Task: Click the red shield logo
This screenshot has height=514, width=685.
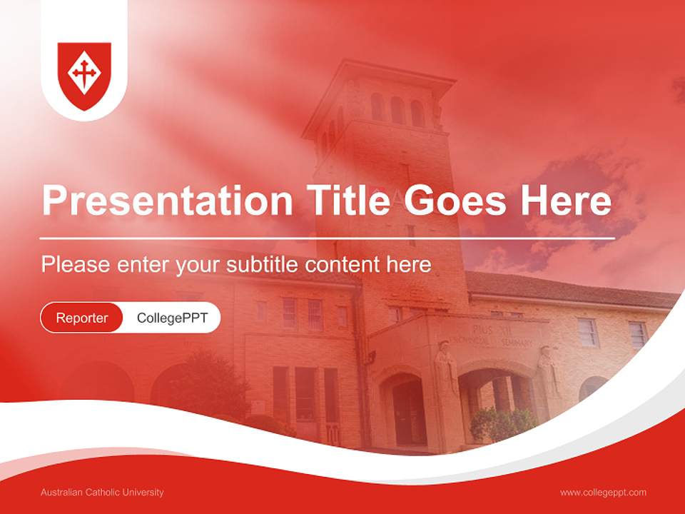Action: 84,76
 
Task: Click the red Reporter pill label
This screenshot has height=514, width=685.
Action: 82,318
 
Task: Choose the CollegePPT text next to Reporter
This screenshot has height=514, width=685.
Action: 172,318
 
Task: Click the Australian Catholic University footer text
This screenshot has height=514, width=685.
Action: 102,493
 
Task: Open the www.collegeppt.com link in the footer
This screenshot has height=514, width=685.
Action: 603,493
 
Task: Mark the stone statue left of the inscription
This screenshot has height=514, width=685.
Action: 446,368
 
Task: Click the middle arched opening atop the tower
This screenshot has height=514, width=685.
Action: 397,109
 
